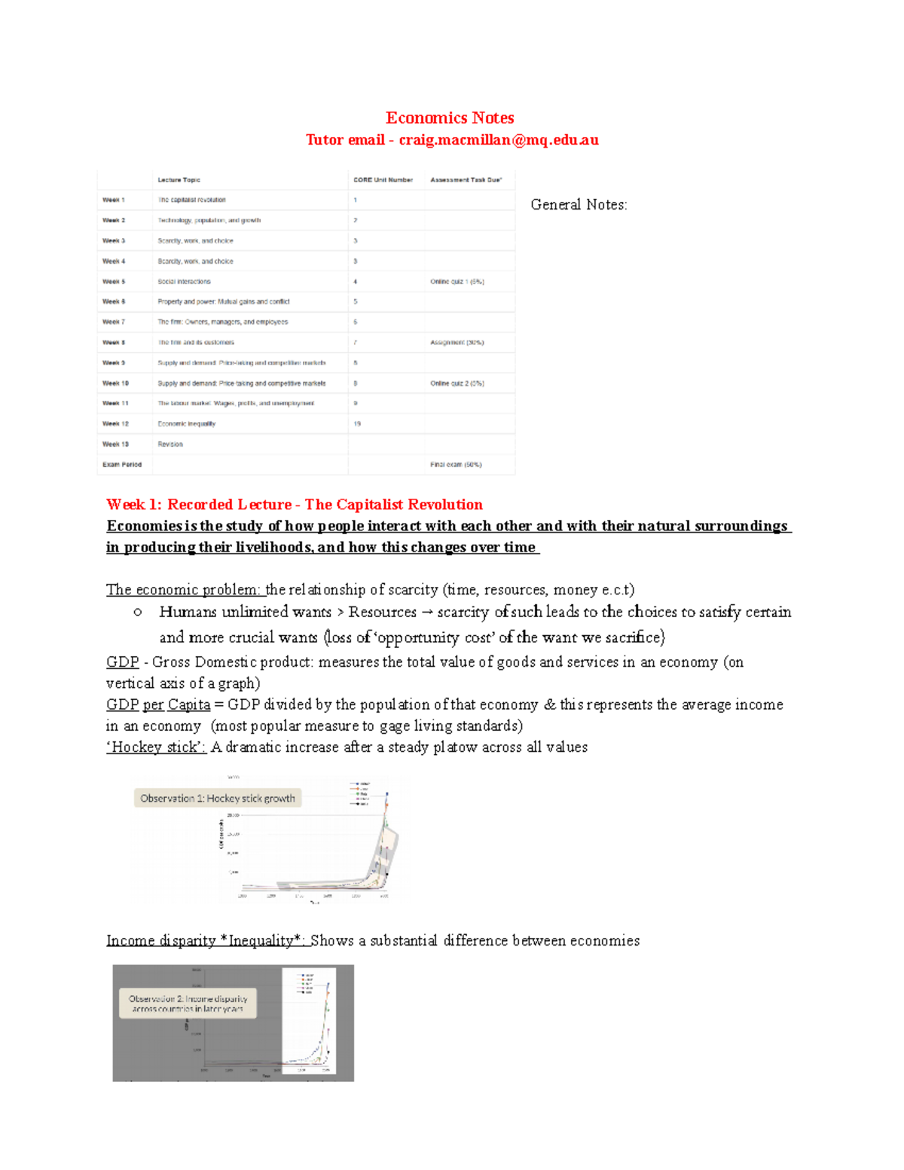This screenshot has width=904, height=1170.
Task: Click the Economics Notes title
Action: click(450, 118)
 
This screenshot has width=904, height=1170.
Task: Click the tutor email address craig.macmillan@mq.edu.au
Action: click(499, 139)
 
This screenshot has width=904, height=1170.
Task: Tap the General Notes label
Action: click(579, 204)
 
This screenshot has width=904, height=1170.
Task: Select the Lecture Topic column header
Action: click(179, 180)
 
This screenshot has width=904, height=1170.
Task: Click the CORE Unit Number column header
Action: click(383, 180)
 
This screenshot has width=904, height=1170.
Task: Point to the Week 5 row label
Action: click(114, 282)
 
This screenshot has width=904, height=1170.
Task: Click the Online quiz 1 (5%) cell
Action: click(457, 282)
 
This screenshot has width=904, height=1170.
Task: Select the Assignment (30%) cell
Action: click(457, 343)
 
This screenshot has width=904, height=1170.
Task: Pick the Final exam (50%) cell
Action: click(456, 465)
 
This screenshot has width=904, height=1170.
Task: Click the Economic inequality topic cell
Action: click(186, 424)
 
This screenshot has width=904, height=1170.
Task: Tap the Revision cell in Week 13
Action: click(170, 444)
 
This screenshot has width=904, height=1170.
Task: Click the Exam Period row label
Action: click(122, 465)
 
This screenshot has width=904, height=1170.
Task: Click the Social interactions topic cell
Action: click(184, 282)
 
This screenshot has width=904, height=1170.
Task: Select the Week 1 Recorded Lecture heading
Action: click(295, 505)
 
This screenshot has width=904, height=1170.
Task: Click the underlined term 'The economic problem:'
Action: click(185, 590)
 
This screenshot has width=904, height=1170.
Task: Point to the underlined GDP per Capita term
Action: click(158, 704)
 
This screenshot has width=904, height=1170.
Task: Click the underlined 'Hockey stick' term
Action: click(156, 747)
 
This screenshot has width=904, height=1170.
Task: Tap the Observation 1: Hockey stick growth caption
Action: click(218, 799)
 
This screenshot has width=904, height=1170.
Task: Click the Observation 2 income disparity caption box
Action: click(188, 1004)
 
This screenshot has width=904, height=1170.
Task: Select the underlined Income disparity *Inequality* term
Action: click(206, 940)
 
